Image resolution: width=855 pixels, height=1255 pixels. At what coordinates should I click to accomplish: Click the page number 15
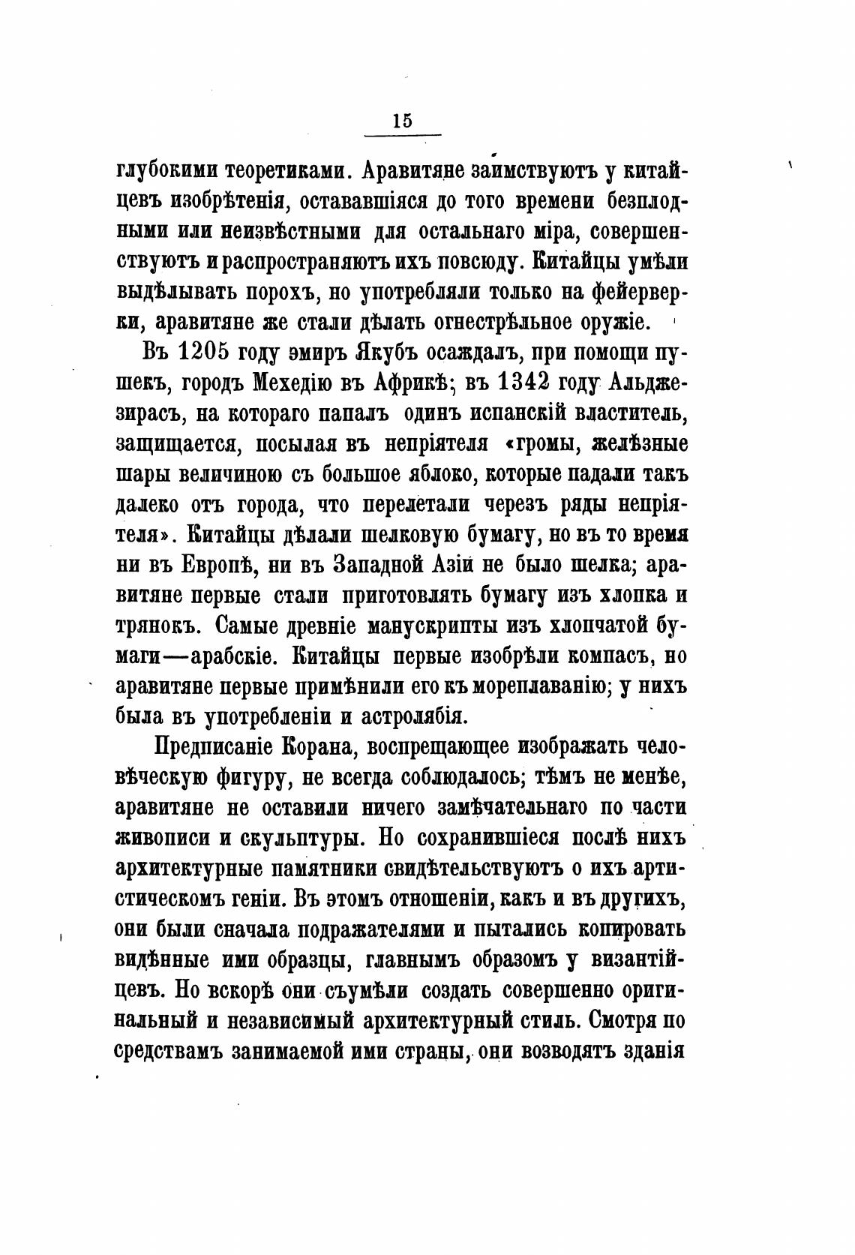[402, 120]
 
